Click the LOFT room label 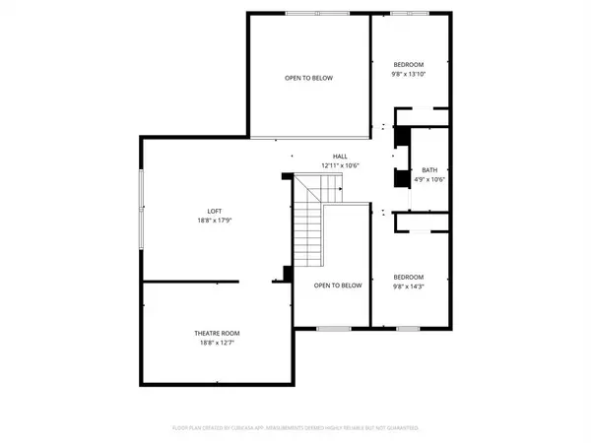(x=216, y=210)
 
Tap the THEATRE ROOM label (x=216, y=334)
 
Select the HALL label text (x=340, y=157)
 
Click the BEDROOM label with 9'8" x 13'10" (x=409, y=64)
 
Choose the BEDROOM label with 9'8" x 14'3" (x=409, y=277)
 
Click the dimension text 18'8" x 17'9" (x=216, y=220)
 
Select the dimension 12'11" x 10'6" (x=340, y=165)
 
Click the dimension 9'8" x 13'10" (x=409, y=74)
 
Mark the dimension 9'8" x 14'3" (x=409, y=286)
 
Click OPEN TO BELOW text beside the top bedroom (x=308, y=78)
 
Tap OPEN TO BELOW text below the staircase (x=338, y=285)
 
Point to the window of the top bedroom (x=408, y=13)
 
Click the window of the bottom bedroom (x=408, y=327)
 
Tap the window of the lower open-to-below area (x=333, y=327)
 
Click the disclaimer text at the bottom (x=295, y=428)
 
